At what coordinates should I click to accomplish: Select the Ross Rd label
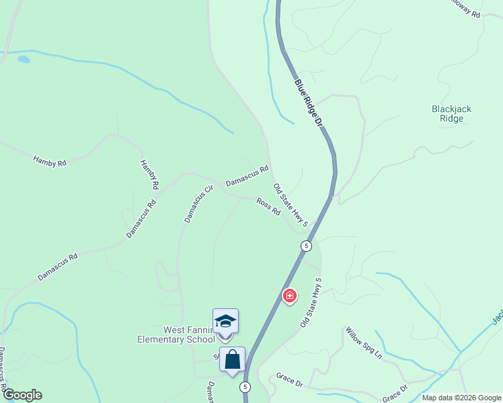pos(268,206)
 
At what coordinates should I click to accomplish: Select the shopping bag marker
pos(232,359)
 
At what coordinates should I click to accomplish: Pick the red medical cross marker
pos(290,296)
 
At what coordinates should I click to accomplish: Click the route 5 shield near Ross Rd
pos(306,245)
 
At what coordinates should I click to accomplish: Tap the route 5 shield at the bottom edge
pos(245,387)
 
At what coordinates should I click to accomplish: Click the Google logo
pos(22,395)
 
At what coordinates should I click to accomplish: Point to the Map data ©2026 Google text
pos(461,398)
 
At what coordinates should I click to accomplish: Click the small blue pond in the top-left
pos(24,60)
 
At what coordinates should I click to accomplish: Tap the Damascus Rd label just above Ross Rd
pos(247,176)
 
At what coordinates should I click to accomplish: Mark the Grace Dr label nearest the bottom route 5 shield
pos(290,379)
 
